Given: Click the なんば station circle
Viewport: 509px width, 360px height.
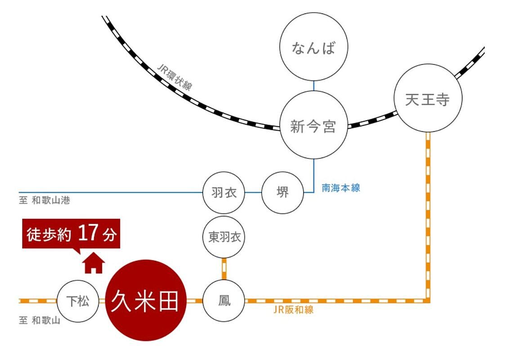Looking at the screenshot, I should tap(313, 47).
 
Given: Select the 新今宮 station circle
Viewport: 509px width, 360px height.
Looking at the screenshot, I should tap(313, 125).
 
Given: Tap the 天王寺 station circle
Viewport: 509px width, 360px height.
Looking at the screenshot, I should tap(427, 99).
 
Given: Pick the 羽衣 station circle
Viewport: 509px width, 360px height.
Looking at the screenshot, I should tap(223, 193).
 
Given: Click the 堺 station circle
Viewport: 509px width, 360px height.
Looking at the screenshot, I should tap(282, 193).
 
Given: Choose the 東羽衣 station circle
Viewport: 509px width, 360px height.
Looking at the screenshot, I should tap(224, 237).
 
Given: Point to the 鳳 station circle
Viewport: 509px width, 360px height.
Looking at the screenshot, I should tap(224, 300).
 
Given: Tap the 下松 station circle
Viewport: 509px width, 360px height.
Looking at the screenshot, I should tap(78, 301).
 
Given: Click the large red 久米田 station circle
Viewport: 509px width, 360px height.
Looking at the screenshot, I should tap(145, 300).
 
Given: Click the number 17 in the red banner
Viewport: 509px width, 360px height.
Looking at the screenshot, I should tap(88, 234).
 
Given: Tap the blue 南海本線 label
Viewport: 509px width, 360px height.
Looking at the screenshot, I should tap(341, 188).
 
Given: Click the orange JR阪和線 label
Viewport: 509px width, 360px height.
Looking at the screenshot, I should tap(293, 310).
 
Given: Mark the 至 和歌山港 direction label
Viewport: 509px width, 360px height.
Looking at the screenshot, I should tap(45, 201).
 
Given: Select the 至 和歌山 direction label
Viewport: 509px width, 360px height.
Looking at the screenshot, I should tap(40, 320).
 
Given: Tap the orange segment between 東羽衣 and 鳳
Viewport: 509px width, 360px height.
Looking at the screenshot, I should tap(224, 269).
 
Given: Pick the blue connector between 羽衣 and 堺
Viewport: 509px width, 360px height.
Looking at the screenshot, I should tap(253, 193).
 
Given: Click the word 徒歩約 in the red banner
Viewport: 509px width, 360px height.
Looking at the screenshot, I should tap(49, 234).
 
